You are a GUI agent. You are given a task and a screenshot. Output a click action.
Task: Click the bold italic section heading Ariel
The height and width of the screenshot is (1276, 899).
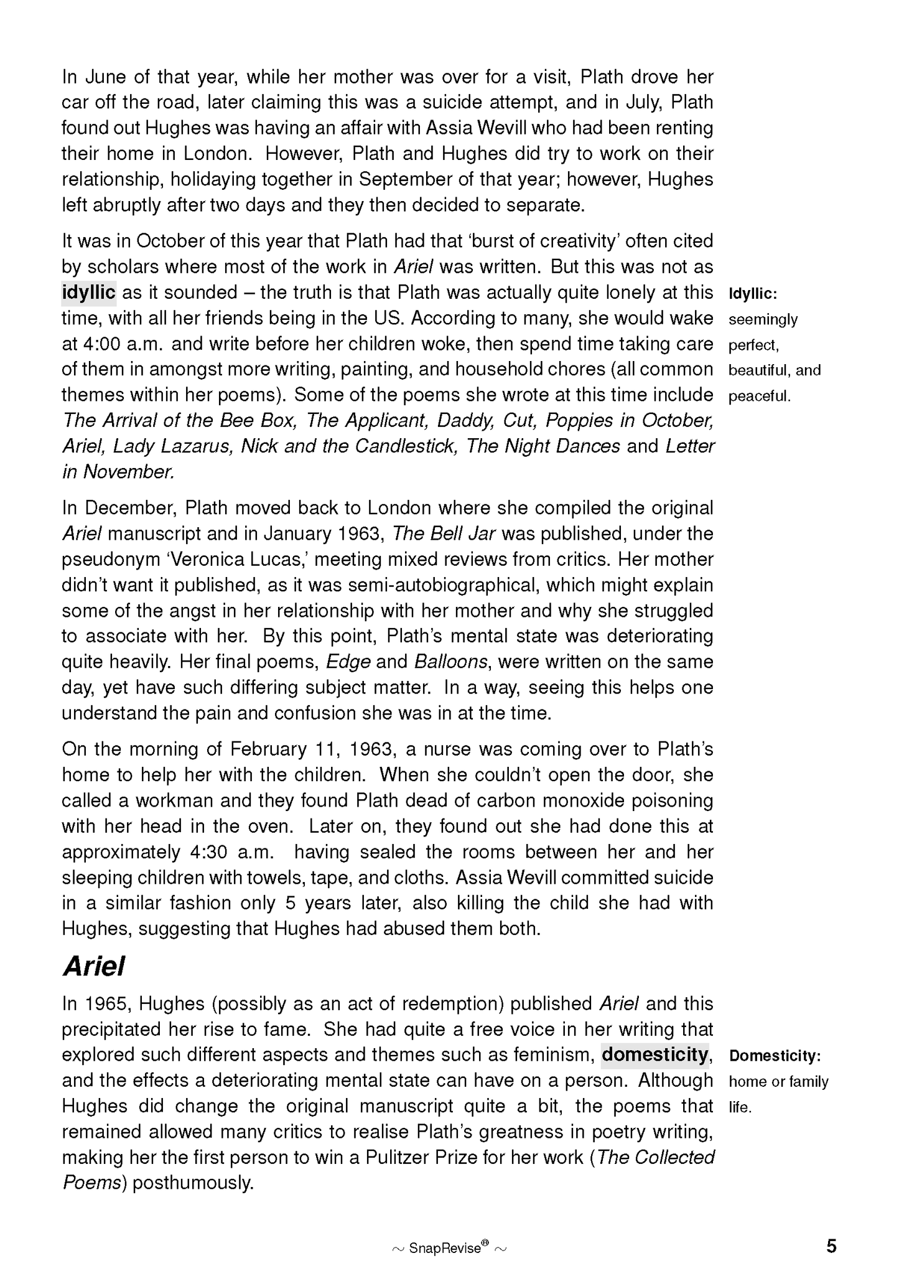pos(94,966)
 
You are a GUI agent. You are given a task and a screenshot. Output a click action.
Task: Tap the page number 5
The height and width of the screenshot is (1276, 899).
pos(831,1246)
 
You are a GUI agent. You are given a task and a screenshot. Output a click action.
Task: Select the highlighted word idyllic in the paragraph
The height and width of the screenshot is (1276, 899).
pos(89,292)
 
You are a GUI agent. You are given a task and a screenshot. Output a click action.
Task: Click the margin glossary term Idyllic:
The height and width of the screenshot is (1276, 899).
pos(753,293)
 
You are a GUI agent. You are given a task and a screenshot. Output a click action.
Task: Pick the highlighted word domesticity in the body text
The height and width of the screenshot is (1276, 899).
pos(655,1054)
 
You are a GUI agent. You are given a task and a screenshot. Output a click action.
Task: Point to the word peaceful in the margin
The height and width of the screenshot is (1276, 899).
pos(759,396)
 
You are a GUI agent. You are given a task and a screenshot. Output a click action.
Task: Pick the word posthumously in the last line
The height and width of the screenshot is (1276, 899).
pos(193,1183)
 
